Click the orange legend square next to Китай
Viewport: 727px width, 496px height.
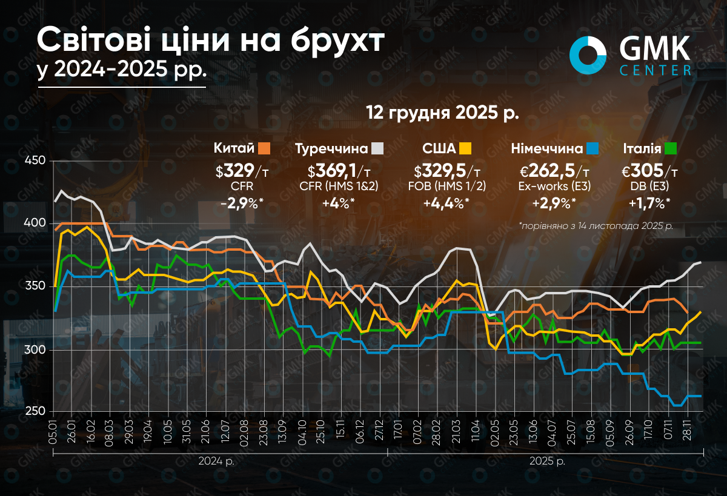(263, 148)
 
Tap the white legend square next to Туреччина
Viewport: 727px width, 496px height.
(377, 148)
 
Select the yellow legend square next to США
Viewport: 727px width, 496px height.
(465, 148)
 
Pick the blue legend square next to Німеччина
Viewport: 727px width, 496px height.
(593, 148)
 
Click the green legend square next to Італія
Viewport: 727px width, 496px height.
(670, 148)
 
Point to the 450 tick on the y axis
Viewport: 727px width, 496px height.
(36, 161)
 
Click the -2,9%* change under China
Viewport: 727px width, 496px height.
(241, 204)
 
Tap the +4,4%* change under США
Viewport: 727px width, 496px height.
(446, 204)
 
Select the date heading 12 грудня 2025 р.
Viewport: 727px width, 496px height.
(443, 113)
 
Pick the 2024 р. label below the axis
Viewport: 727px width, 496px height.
(217, 461)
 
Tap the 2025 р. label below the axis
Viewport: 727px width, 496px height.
(547, 461)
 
